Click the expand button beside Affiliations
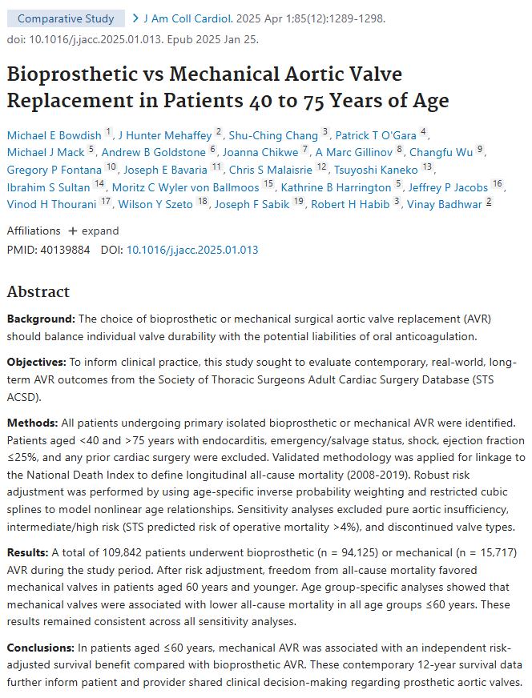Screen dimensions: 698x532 pos(94,231)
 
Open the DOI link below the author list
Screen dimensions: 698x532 pos(192,250)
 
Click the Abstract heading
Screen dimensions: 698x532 pos(38,292)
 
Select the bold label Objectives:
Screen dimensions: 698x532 pos(38,362)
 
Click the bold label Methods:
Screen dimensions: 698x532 pos(33,422)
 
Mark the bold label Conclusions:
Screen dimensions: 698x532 pos(42,647)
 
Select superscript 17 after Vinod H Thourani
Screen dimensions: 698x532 pos(106,203)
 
